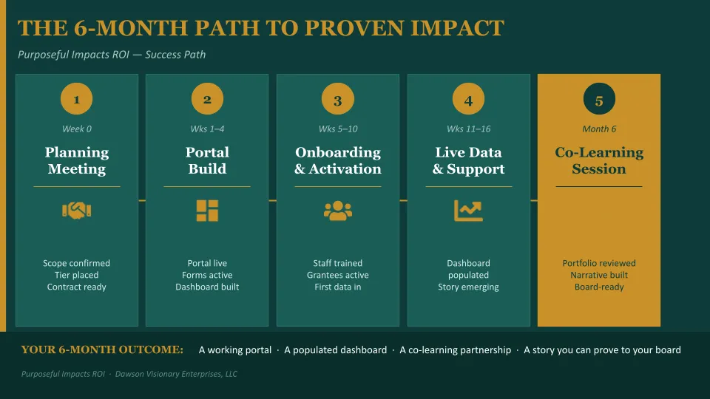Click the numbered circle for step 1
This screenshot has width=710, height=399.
[x=76, y=98]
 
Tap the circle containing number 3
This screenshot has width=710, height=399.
[x=338, y=98]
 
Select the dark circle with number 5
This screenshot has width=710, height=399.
[x=599, y=98]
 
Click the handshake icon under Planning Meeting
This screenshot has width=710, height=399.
[x=76, y=211]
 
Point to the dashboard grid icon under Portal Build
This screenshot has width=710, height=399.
[x=207, y=211]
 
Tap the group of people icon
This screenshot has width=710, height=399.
[x=338, y=211]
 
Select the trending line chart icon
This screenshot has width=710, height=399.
[x=468, y=211]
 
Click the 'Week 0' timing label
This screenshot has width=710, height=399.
[x=76, y=129]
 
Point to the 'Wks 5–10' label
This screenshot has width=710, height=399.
[x=338, y=129]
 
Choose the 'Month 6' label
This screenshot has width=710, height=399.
[x=599, y=129]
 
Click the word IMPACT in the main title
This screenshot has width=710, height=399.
[x=457, y=28]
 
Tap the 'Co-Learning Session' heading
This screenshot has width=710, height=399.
[x=599, y=160]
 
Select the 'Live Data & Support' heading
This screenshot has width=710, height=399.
[x=468, y=160]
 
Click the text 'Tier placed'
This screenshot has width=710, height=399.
[x=76, y=275]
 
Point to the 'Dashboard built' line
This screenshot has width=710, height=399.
[x=207, y=287]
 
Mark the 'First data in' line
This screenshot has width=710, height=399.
[x=338, y=287]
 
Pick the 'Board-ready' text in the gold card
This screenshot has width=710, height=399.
[x=599, y=287]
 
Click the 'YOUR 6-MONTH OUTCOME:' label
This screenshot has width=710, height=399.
[x=102, y=349]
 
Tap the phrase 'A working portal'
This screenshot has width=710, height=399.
[x=235, y=350]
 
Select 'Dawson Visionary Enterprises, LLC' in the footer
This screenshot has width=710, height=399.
[x=176, y=374]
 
